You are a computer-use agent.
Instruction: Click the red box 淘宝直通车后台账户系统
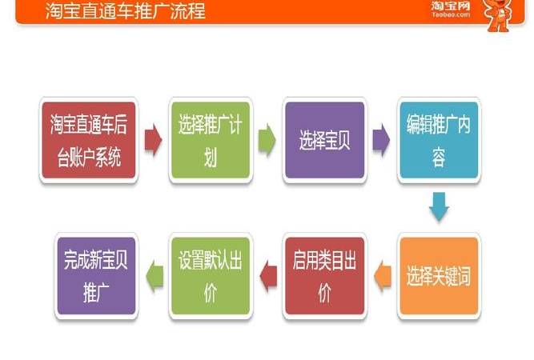coord(86,139)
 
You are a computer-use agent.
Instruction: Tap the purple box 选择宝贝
coord(324,139)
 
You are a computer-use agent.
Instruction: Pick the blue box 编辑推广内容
coord(438,139)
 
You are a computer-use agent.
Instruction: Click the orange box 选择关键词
coord(438,275)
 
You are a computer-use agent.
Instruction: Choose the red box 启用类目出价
coord(324,275)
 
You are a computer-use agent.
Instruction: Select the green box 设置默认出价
coord(211,275)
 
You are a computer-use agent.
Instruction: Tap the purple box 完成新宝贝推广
coord(95,275)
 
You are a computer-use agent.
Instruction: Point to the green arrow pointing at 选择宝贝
coord(267,140)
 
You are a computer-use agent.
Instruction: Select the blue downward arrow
coord(438,206)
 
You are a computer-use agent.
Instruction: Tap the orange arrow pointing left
coord(382,276)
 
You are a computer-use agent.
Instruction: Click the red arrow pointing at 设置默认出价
coord(268,276)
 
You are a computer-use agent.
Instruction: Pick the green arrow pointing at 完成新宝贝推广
coord(153,276)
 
